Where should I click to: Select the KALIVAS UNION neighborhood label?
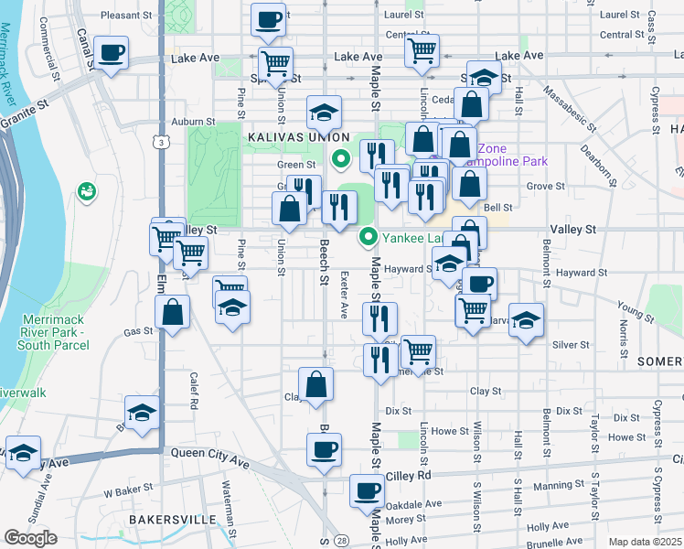(285, 135)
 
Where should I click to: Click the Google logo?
(30, 538)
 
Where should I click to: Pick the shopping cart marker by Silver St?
(418, 350)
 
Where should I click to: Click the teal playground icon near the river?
(89, 191)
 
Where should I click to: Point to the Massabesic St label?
(568, 106)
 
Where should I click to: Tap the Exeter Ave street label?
(344, 295)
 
